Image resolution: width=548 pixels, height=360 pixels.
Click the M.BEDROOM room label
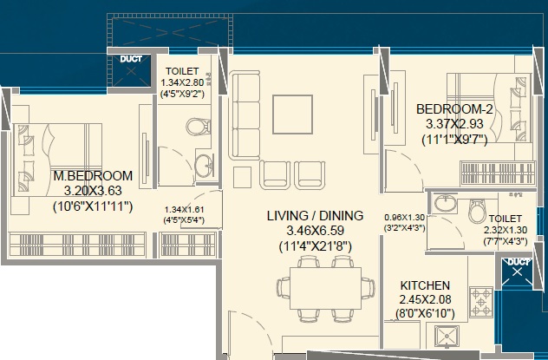coord(93,175)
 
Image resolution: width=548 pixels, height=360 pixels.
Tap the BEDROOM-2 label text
coord(454,109)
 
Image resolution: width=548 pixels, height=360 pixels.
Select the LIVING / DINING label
coord(316,215)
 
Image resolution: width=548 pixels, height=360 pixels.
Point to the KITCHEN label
coord(425,285)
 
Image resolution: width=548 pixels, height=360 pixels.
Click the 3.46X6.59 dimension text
coord(316,231)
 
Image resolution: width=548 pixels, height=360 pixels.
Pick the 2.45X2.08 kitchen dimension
coord(425,299)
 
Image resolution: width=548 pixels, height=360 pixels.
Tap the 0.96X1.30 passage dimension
coord(405,218)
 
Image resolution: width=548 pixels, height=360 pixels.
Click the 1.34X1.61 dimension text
coord(184,209)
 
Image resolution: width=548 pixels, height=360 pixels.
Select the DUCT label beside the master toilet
coord(131,59)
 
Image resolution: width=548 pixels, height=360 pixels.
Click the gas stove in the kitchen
coord(481,302)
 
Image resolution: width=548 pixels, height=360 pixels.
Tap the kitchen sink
coord(447,337)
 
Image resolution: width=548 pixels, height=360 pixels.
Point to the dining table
coord(326,288)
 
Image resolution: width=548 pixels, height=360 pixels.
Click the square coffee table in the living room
coord(292,115)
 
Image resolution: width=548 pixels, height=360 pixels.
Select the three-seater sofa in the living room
coord(245,115)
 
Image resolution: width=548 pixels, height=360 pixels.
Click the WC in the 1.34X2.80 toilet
coord(199,127)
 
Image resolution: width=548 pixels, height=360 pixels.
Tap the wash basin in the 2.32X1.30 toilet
coord(445,202)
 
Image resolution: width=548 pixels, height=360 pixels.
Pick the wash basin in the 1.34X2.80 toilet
coord(204,166)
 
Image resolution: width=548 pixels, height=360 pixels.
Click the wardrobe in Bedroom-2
coord(498,173)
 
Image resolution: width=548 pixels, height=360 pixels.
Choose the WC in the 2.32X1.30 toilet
coord(478,211)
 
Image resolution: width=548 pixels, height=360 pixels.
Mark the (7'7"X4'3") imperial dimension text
coord(506,241)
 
